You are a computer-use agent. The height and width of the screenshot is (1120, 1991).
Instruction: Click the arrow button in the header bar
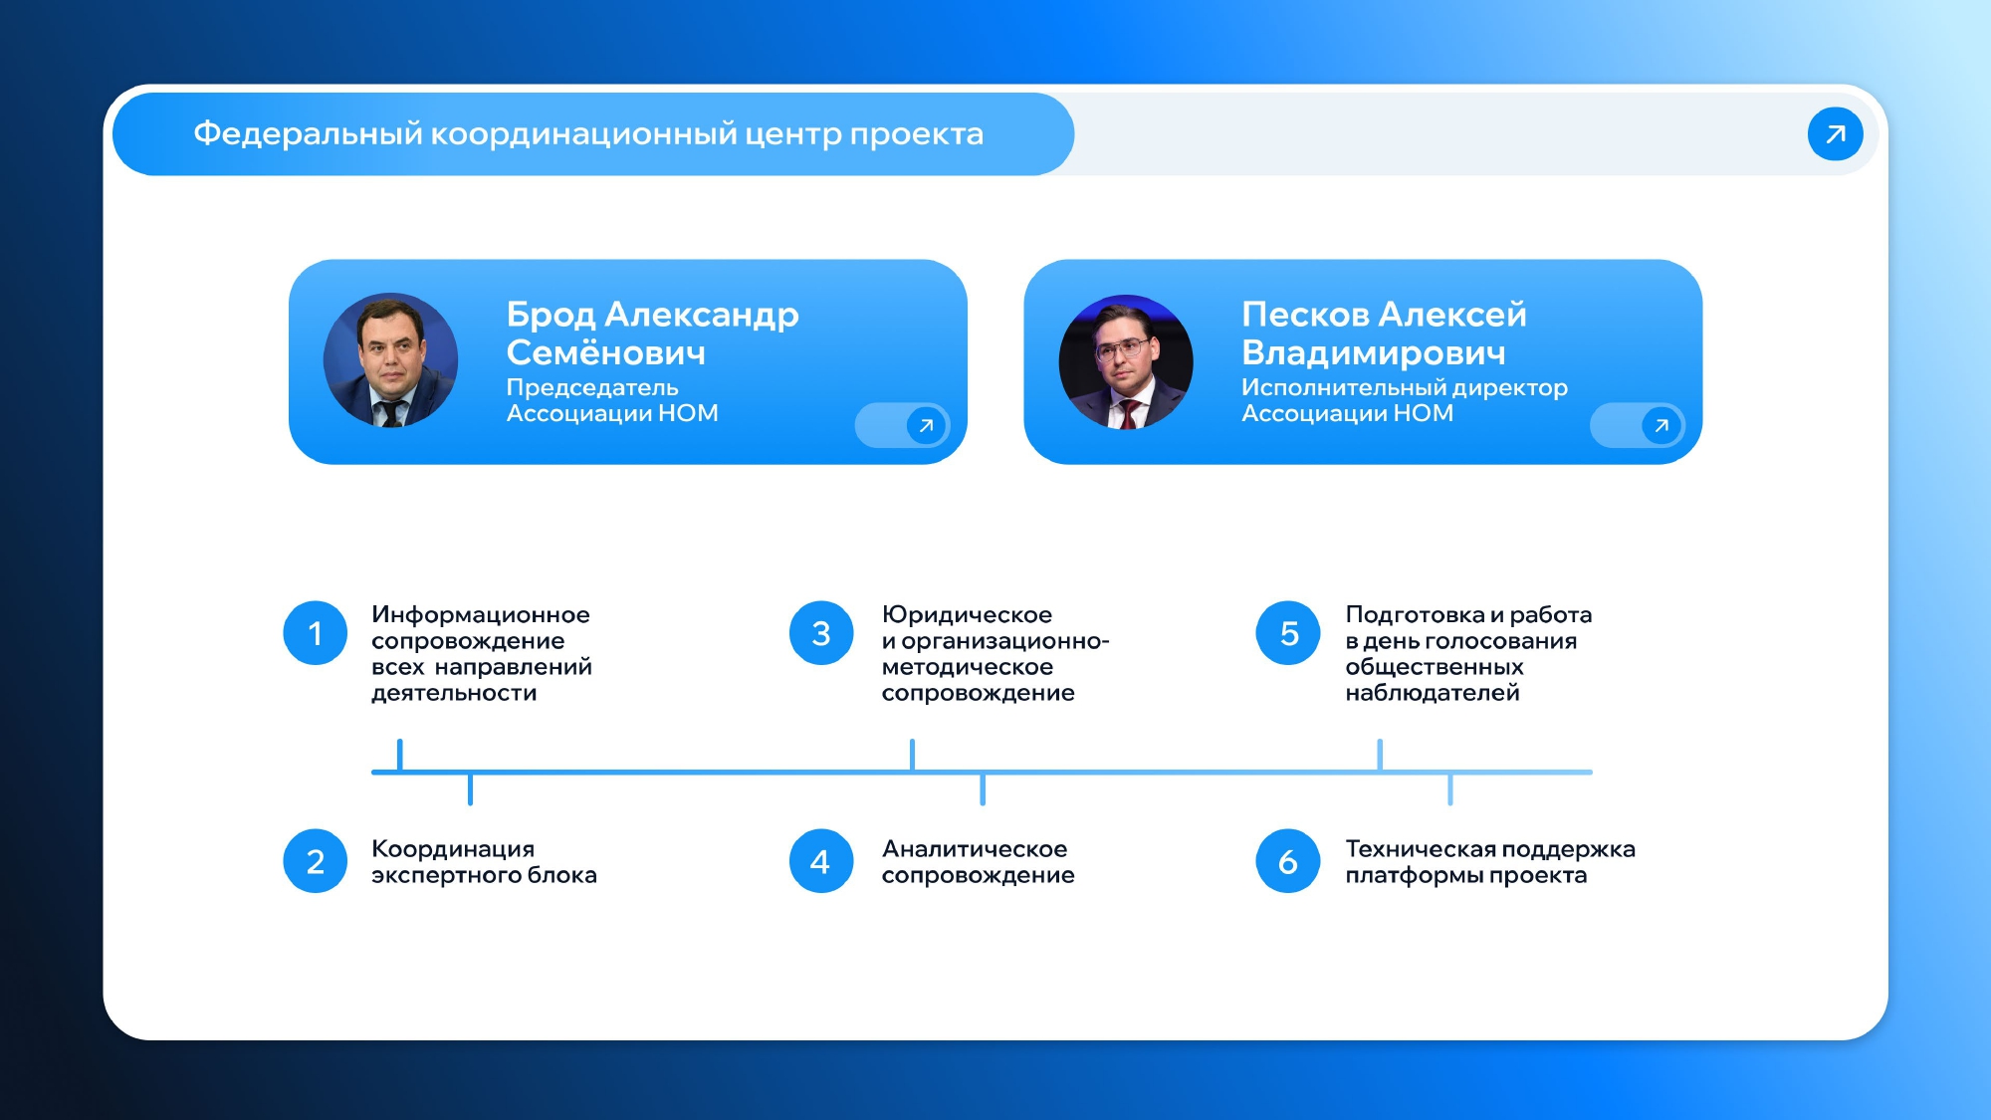pyautogui.click(x=1835, y=133)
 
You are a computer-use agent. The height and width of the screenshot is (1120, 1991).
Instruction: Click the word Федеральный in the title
pyautogui.click(x=308, y=133)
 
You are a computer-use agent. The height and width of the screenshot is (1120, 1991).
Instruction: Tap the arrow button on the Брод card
pyautogui.click(x=926, y=426)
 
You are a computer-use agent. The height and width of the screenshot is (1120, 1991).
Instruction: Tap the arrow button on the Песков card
pyautogui.click(x=1660, y=426)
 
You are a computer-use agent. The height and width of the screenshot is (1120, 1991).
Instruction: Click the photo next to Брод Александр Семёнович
pyautogui.click(x=390, y=360)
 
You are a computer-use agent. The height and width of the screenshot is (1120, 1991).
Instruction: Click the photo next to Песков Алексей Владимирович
pyautogui.click(x=1126, y=361)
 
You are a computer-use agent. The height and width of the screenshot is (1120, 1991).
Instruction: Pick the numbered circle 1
pyautogui.click(x=315, y=633)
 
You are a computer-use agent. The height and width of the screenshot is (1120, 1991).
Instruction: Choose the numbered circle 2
pyautogui.click(x=315, y=861)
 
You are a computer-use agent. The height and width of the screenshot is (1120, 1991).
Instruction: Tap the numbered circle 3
pyautogui.click(x=821, y=633)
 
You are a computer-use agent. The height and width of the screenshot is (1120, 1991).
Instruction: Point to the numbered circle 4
pyautogui.click(x=821, y=861)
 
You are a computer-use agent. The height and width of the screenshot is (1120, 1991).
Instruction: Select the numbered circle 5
pyautogui.click(x=1288, y=633)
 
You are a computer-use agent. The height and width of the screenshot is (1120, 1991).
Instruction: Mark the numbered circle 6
pyautogui.click(x=1288, y=861)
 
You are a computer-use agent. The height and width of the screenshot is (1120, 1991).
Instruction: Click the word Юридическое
pyautogui.click(x=967, y=615)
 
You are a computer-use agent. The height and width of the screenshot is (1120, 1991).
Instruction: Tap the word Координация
pyautogui.click(x=453, y=849)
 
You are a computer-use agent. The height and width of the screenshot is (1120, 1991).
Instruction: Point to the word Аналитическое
pyautogui.click(x=975, y=849)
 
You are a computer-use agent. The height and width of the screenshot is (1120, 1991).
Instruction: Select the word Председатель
pyautogui.click(x=592, y=388)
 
